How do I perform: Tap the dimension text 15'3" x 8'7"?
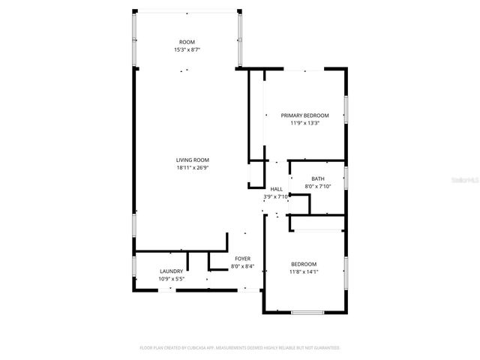coord(187,49)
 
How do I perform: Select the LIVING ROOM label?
coord(192,160)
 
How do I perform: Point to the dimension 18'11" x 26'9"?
coord(192,168)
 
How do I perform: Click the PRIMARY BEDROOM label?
coord(304,115)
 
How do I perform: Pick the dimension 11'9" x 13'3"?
coord(304,124)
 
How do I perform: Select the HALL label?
coord(276,189)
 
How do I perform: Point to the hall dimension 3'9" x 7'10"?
coord(276,196)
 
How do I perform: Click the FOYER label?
coord(242,259)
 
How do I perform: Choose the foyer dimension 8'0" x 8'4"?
coord(242,266)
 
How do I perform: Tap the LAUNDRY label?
coord(171,271)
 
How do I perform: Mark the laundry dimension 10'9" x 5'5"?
coord(171,279)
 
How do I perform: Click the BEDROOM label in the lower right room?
coord(304,264)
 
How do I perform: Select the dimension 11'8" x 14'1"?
coord(304,272)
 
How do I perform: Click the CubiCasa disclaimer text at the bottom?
coord(240,348)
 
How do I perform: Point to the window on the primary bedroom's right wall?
coord(346,109)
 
